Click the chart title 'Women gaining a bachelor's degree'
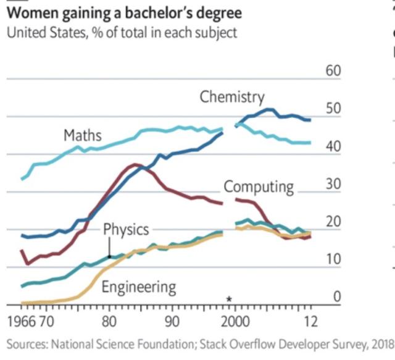pos(123,12)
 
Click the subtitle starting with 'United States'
pos(121,33)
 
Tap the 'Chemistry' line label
pos(231,97)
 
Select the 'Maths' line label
pos(82,135)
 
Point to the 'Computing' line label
pos(259,186)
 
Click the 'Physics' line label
pos(126,230)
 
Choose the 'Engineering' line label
pos(138,287)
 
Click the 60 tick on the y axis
pos(333,70)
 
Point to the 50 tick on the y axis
pos(333,109)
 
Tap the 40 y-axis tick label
pos(333,146)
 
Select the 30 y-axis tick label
pos(333,184)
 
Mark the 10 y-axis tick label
pos(333,259)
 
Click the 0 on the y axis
pos(337,297)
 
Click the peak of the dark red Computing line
pos(135,164)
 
